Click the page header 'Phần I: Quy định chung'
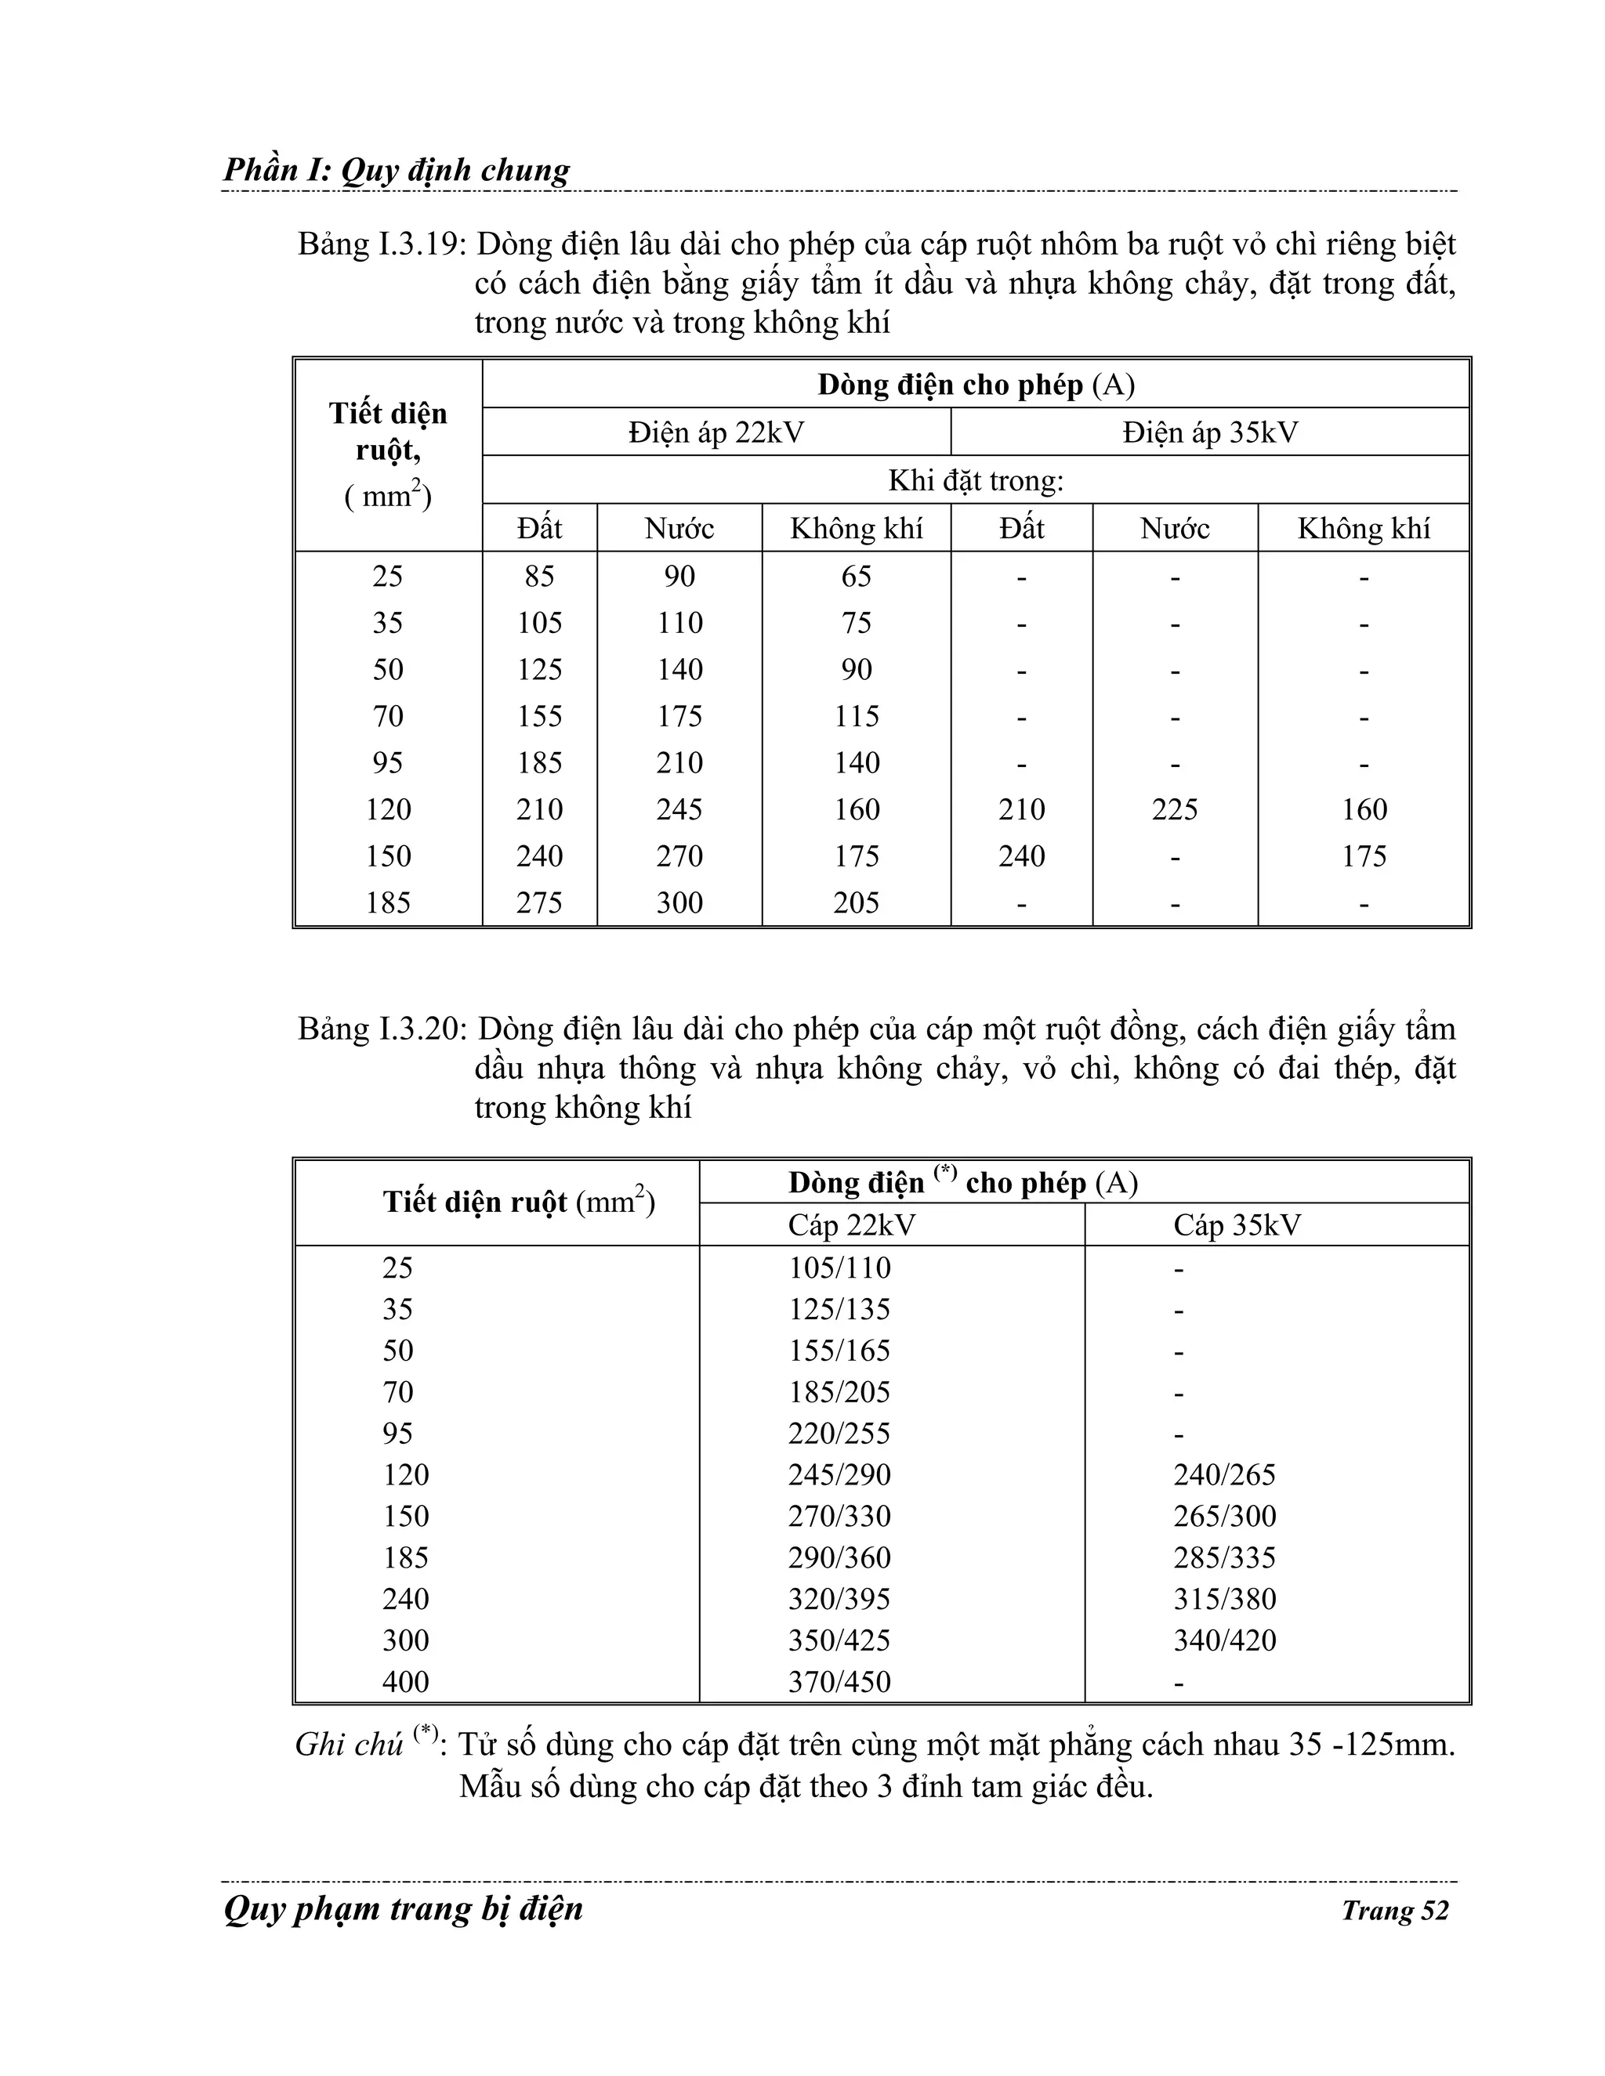tap(396, 170)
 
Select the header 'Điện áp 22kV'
tap(716, 433)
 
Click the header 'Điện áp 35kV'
tap(1209, 433)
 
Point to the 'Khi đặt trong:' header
tap(976, 481)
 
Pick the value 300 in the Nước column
tap(679, 903)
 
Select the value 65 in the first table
tap(856, 577)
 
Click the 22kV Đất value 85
tap(539, 577)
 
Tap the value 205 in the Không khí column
tap(856, 903)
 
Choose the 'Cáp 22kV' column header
tap(851, 1225)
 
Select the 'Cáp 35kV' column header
tap(1236, 1225)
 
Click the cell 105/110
tap(839, 1268)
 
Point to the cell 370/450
tap(839, 1683)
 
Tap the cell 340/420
tap(1225, 1640)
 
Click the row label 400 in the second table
tap(406, 1683)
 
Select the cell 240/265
tap(1225, 1475)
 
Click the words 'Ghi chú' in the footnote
tap(349, 1746)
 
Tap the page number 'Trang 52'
tap(1394, 1911)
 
